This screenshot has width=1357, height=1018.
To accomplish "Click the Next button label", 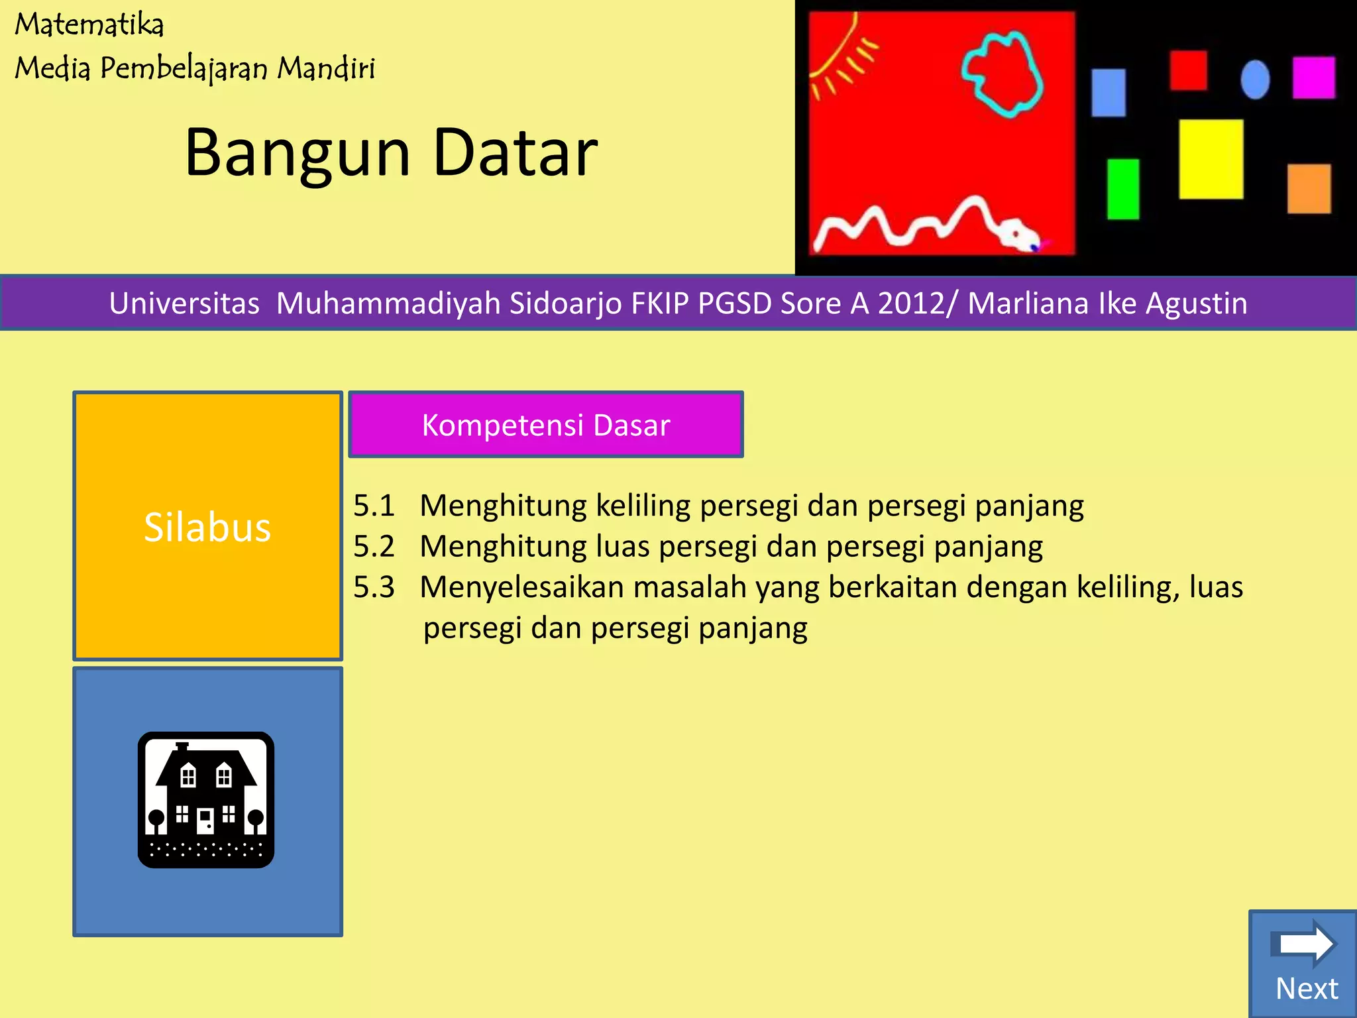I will tap(1307, 988).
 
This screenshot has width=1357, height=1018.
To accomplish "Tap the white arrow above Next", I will tap(1305, 943).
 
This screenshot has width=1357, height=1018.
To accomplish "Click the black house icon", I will tap(206, 800).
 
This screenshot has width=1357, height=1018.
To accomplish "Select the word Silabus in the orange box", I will tap(207, 528).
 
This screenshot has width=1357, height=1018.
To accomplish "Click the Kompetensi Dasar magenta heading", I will tap(546, 425).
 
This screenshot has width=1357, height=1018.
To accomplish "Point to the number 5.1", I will tap(374, 506).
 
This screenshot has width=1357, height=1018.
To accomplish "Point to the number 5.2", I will tap(374, 547).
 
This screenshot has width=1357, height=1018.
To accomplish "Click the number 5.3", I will tap(374, 588).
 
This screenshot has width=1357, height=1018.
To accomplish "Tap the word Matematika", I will tap(89, 25).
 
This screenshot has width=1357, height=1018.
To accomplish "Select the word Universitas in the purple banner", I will tap(184, 304).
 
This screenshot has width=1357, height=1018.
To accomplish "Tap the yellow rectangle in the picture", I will tap(1211, 159).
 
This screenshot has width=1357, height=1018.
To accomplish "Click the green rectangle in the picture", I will tap(1123, 189).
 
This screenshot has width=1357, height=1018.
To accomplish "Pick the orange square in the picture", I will tap(1309, 189).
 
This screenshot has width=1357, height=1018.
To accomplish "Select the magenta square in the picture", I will tap(1313, 78).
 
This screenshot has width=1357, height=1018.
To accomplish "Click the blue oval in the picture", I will tap(1255, 80).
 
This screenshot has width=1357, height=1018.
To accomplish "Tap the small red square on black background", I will tap(1188, 70).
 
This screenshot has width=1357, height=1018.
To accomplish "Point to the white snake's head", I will tap(1017, 235).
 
